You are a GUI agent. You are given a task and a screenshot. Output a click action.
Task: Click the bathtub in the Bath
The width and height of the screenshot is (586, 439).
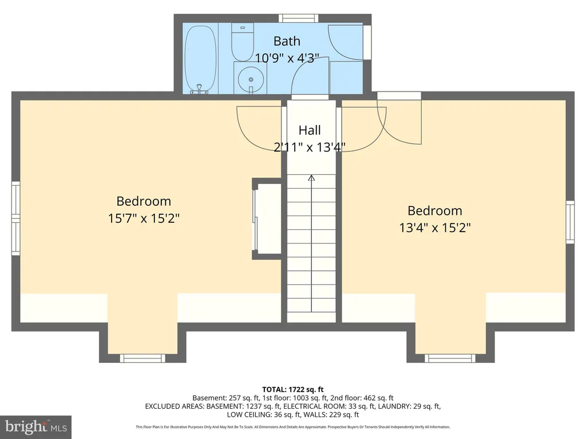[x=200, y=59]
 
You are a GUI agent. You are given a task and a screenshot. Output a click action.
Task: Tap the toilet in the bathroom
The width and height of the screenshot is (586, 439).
[x=243, y=42]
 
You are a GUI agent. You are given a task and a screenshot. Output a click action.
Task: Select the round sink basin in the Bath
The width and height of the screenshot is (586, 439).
[x=251, y=79]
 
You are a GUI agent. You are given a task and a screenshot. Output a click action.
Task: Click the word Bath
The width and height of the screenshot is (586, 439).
[x=287, y=41]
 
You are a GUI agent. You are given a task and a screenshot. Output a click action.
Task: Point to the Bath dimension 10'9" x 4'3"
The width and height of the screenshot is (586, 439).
[x=287, y=58]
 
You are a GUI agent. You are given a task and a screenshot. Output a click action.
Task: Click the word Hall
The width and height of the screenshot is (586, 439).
[x=310, y=130]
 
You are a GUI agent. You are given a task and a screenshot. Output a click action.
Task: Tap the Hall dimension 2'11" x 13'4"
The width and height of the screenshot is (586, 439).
[x=310, y=147]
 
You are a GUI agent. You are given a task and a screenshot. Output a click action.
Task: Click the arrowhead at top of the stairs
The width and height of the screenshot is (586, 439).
[x=311, y=178]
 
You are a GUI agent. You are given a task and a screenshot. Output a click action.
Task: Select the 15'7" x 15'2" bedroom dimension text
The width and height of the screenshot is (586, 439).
[x=144, y=218]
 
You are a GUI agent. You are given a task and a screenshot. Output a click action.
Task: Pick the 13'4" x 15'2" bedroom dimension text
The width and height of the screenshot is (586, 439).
[x=435, y=228]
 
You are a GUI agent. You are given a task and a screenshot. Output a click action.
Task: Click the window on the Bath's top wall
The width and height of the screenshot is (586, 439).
[x=298, y=18]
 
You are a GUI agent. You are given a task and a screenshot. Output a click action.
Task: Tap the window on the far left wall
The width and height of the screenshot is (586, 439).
[x=15, y=218]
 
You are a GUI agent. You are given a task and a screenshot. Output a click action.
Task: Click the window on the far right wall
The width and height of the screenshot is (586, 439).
[x=570, y=222]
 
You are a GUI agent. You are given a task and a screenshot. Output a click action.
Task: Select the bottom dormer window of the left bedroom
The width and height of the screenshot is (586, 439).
[x=142, y=358]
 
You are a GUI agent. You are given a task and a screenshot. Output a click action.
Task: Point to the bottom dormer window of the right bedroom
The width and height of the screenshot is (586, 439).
[x=450, y=358]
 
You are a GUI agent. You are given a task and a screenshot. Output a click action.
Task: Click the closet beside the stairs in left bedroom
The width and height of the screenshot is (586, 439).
[x=267, y=219]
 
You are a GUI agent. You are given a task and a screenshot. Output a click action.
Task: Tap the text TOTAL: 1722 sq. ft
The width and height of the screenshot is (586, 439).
[x=292, y=390]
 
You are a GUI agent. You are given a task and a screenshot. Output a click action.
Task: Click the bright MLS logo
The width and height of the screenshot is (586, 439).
[x=36, y=427]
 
